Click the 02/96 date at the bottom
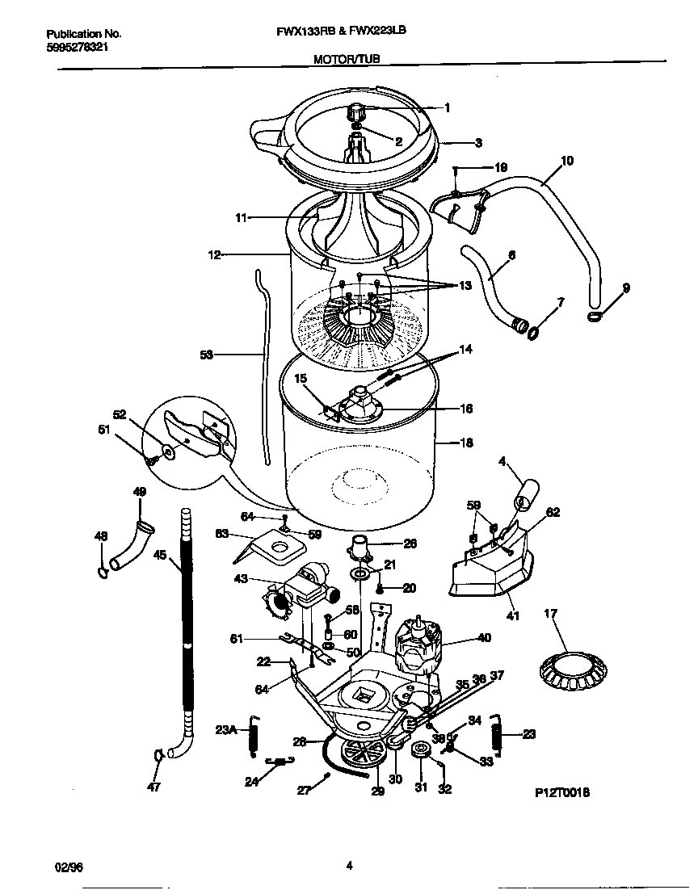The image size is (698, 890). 69,866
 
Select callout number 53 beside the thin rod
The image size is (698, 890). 206,354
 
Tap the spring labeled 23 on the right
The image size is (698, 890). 498,734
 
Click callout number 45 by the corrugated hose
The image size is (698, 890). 159,554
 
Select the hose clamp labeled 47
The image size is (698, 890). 159,756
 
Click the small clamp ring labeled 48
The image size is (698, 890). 103,573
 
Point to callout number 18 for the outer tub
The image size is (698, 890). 466,443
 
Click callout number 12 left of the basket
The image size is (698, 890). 214,254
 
